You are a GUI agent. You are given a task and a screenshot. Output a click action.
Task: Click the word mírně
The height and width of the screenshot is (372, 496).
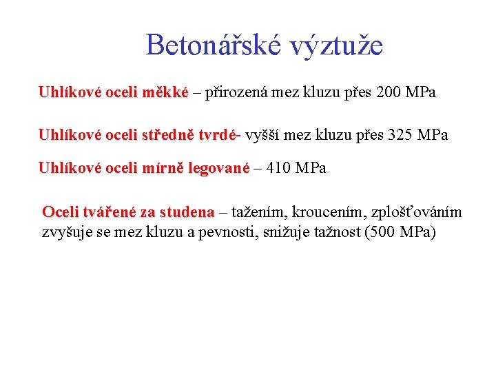tap(161, 168)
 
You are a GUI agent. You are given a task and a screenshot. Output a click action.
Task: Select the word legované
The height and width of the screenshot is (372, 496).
tap(217, 168)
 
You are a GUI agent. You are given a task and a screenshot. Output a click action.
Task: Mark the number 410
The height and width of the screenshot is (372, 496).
tap(279, 168)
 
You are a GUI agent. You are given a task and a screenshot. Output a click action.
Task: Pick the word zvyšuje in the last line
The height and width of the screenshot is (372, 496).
tap(65, 232)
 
